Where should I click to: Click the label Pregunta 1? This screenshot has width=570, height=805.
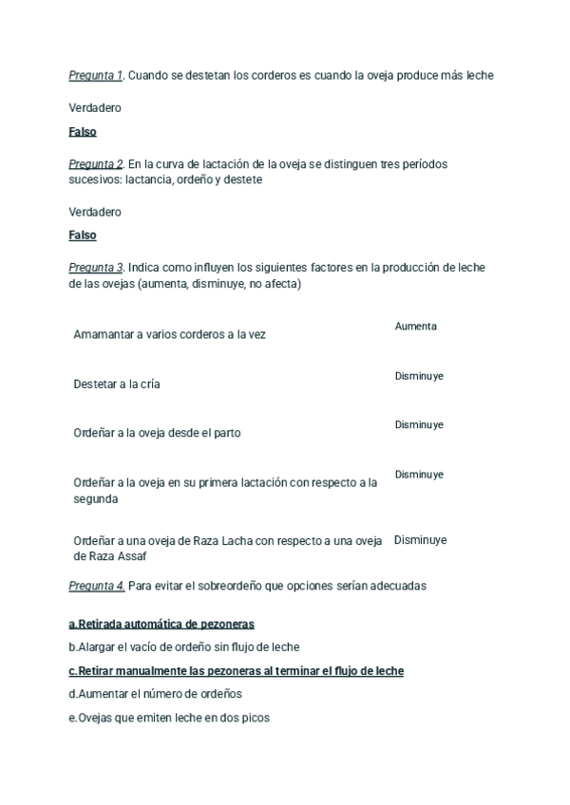(96, 75)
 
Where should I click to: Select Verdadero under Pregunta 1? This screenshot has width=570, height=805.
(95, 108)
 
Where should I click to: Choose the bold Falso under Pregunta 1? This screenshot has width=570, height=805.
(83, 132)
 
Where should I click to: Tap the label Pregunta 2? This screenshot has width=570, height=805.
(96, 164)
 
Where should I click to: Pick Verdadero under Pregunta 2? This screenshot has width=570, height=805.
(95, 212)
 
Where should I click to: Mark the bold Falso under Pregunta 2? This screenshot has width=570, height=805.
(83, 235)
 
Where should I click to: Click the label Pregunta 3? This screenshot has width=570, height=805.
(96, 268)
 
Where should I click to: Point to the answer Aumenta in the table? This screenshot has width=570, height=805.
(416, 327)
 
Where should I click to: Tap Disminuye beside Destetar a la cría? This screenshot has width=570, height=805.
(419, 377)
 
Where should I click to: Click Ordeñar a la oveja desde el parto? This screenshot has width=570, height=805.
(157, 433)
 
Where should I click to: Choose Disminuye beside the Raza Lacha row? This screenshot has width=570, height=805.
(420, 540)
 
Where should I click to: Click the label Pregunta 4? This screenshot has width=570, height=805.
(96, 586)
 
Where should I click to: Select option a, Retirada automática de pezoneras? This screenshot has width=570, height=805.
(161, 625)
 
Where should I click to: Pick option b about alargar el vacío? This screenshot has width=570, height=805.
(184, 647)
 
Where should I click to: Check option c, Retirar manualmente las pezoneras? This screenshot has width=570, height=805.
(236, 671)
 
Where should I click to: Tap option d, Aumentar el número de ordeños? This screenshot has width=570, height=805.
(156, 694)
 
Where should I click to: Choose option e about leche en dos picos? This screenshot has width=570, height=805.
(169, 718)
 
